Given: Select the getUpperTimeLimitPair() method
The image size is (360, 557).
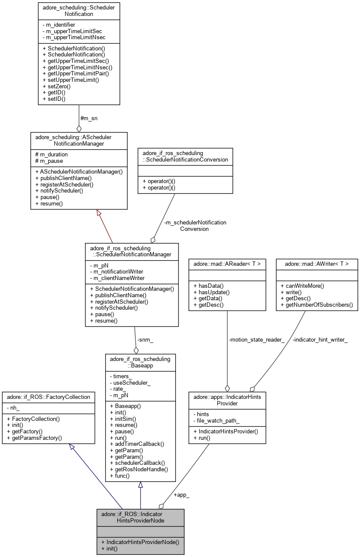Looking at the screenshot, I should click(x=75, y=73).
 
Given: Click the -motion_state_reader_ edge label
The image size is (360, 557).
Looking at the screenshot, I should click(x=257, y=339).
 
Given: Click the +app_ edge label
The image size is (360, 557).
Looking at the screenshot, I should click(x=181, y=495).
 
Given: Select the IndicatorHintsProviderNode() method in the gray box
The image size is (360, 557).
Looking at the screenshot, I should click(x=140, y=542).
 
